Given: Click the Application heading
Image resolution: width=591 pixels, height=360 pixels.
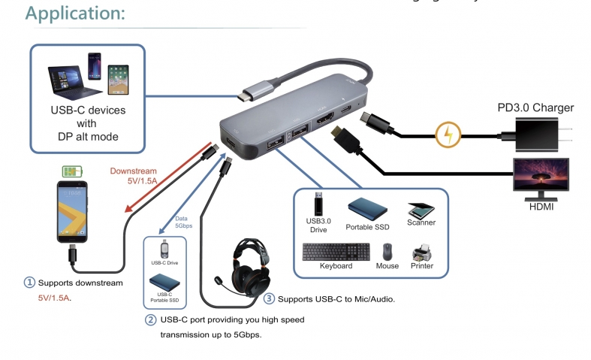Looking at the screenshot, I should tap(75, 13).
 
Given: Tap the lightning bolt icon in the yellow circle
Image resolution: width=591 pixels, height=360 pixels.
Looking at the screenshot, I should tap(448, 135).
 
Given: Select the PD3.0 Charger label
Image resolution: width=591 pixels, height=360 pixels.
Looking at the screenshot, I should tap(535, 107).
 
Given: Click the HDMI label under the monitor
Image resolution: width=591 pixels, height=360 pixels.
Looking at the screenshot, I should tap(541, 206).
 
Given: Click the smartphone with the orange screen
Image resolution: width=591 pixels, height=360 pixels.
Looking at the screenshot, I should tap(73, 211).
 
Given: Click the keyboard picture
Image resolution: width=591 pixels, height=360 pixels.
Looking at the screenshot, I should tap(336, 252).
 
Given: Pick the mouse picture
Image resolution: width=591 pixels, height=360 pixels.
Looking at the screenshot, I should tap(387, 251).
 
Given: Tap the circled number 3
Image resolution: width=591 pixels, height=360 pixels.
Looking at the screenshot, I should tap(269, 298).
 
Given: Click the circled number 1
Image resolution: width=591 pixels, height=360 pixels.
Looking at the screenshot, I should tap(29, 283).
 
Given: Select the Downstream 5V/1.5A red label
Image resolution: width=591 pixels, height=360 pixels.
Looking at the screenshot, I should tap(134, 176).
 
